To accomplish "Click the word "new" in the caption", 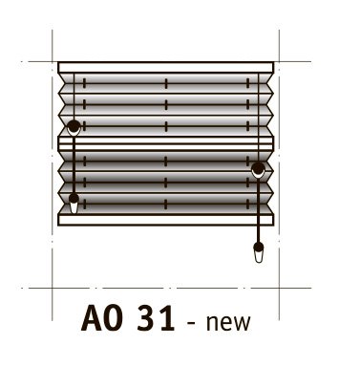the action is tap(228, 323).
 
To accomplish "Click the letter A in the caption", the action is tap(92, 318).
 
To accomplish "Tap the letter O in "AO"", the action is tap(114, 318).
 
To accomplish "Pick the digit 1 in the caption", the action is tap(166, 318).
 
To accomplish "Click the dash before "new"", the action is tap(191, 323).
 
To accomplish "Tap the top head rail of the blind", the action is tap(165, 67).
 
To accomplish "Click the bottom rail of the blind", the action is tap(165, 220).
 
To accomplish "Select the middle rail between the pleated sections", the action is tap(165, 143).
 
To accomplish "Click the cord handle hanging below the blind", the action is tap(259, 252).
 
